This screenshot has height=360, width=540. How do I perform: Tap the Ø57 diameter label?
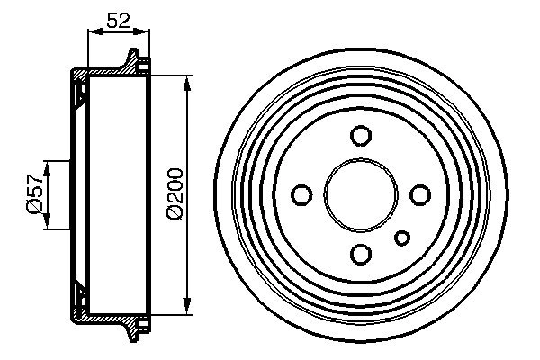pos(33,194)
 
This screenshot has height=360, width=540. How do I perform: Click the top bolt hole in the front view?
pos(360,136)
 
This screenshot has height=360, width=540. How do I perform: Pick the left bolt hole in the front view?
pos(302,194)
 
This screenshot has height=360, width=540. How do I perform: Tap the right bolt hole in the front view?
pos(418,194)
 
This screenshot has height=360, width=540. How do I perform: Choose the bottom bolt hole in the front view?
pos(360,253)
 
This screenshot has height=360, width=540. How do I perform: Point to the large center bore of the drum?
pos(360,194)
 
